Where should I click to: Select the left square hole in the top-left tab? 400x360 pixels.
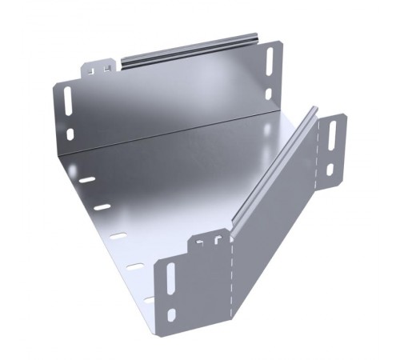coord(94,70)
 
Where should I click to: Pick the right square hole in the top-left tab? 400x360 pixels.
coord(105,70)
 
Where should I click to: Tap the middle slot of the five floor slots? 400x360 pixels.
coord(118,236)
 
